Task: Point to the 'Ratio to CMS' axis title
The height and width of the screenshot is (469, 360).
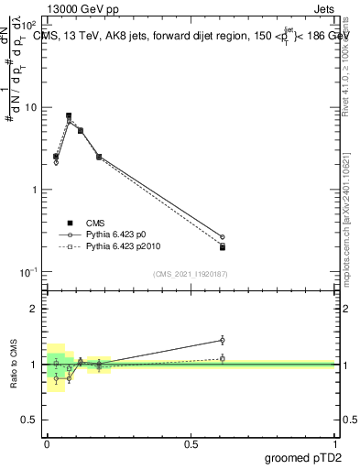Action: pos(15,364)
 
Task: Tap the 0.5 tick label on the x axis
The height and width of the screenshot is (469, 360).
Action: pos(191,444)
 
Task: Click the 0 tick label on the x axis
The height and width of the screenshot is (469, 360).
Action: pos(47,444)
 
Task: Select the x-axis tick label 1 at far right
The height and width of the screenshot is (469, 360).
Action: pos(336,444)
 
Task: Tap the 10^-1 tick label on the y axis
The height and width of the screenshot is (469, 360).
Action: pos(28,273)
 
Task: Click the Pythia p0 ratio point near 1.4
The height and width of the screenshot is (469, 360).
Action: pos(222,340)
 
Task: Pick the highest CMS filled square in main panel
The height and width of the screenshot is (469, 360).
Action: pos(69,115)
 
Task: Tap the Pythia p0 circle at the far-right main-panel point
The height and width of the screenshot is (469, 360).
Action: pos(222,236)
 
